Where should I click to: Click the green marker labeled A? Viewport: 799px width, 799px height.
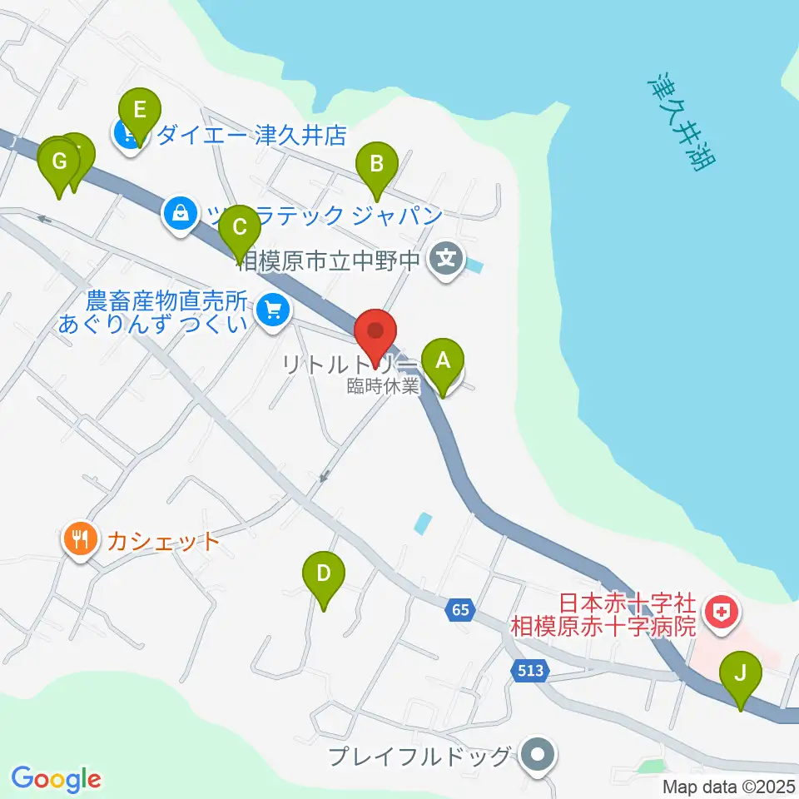pyautogui.click(x=443, y=362)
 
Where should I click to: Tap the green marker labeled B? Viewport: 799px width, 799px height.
pyautogui.click(x=376, y=164)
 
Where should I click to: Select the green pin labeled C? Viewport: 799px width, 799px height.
pyautogui.click(x=240, y=228)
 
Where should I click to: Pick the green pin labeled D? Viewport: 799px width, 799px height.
pyautogui.click(x=325, y=574)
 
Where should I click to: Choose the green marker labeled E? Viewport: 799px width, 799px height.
pyautogui.click(x=139, y=110)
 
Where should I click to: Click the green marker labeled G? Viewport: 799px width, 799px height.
pyautogui.click(x=58, y=161)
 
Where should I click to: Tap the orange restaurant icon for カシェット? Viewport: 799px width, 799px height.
pyautogui.click(x=79, y=542)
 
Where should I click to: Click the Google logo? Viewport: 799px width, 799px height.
pyautogui.click(x=56, y=779)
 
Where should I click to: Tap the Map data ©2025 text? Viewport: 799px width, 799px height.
pyautogui.click(x=728, y=787)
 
